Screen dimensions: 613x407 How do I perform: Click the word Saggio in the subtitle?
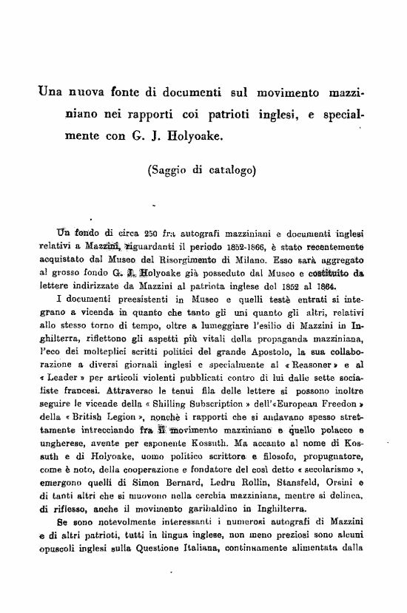[x=172, y=168]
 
